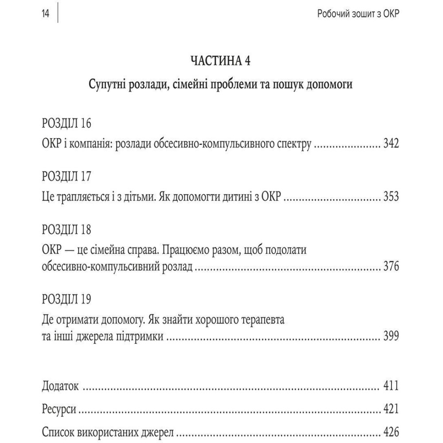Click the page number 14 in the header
click(x=45, y=14)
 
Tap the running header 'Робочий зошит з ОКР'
click(x=358, y=14)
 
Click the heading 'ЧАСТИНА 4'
click(x=220, y=61)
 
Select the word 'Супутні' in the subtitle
click(x=112, y=84)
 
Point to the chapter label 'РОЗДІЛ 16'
click(x=66, y=124)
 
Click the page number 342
click(x=390, y=144)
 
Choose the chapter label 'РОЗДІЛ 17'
click(x=66, y=176)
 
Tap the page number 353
click(x=390, y=197)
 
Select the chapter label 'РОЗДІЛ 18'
click(x=66, y=229)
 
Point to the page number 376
click(x=390, y=267)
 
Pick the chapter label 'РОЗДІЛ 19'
click(x=66, y=299)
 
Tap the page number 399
click(x=390, y=337)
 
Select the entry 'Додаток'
click(x=60, y=386)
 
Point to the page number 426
click(x=390, y=431)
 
